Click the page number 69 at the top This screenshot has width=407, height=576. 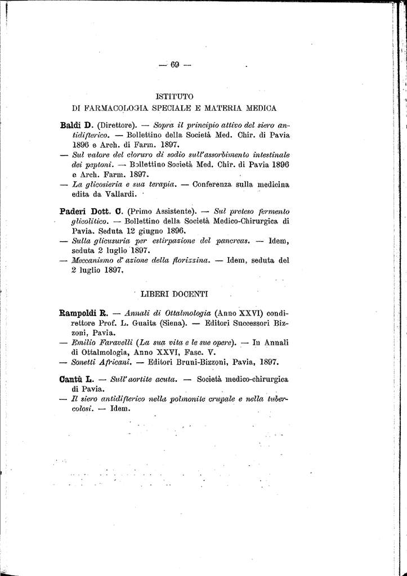pyautogui.click(x=175, y=65)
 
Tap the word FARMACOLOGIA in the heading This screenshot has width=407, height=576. pyautogui.click(x=122, y=107)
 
